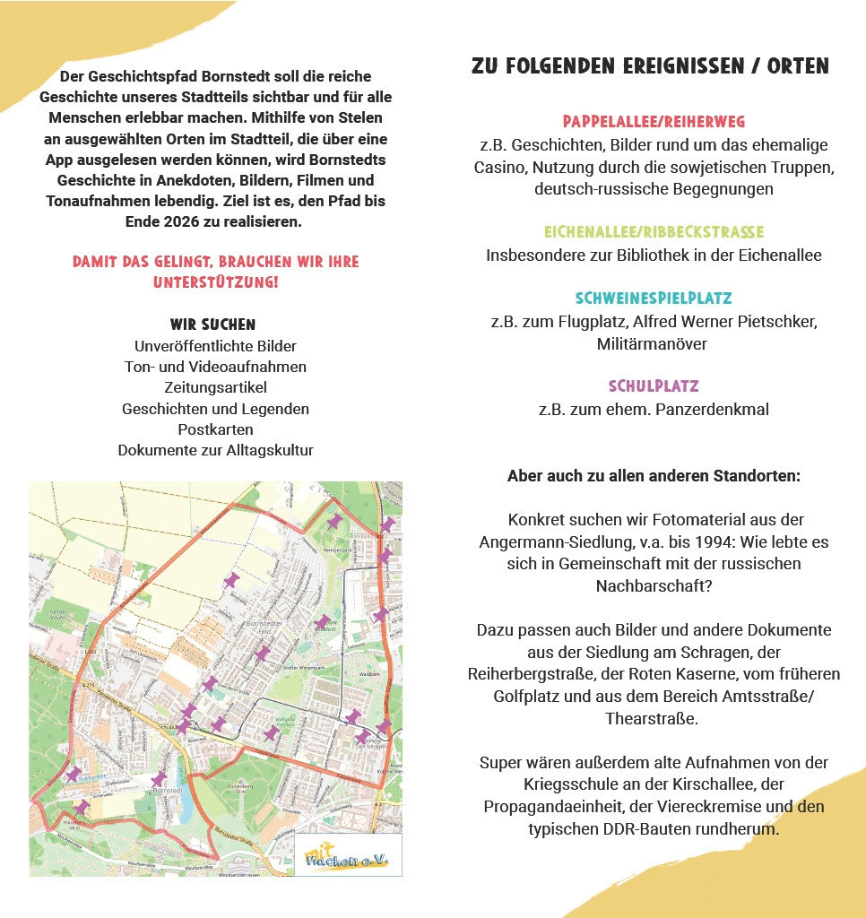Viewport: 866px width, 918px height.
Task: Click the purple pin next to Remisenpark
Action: coord(333,520)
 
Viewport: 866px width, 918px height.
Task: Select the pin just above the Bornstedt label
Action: coord(159,778)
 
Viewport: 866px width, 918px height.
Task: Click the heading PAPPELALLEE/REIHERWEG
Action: coord(654,122)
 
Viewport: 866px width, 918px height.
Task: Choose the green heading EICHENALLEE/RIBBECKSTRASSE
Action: coord(654,232)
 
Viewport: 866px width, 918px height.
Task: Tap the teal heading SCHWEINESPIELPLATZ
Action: coord(654,299)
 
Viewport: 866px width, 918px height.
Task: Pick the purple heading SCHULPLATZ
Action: coord(654,387)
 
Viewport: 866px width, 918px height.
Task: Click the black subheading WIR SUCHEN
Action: coord(212,325)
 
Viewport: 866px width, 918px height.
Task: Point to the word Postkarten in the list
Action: coord(215,429)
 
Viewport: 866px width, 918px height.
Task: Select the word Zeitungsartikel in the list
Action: coord(215,387)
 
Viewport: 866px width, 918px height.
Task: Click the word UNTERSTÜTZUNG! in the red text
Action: coord(215,282)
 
